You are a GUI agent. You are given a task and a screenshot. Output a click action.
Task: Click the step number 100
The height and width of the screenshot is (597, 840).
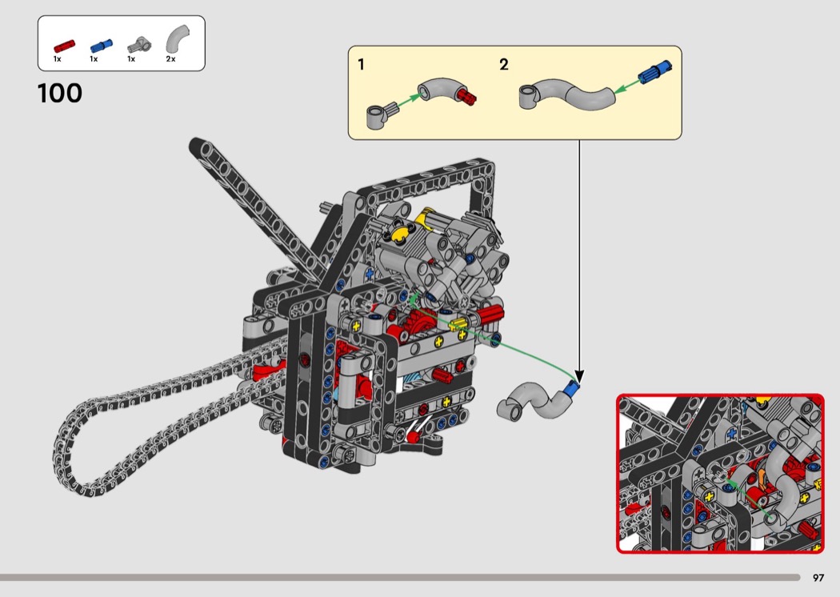point(59,94)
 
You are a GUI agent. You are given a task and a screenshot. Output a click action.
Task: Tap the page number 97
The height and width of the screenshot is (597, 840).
point(818,578)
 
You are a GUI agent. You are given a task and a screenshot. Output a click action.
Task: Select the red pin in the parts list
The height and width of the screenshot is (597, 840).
point(64,46)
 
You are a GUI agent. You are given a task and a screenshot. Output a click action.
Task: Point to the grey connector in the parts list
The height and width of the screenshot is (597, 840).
point(139,45)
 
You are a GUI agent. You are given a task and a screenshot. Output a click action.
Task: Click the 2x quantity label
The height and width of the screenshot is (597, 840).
point(170,59)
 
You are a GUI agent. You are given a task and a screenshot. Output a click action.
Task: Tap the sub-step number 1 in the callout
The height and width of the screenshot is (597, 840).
point(361,65)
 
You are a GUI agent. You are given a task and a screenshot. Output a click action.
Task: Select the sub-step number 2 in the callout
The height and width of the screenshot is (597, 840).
point(503,65)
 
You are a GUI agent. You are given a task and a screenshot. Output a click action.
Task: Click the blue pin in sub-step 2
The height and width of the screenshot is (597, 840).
point(654,72)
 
